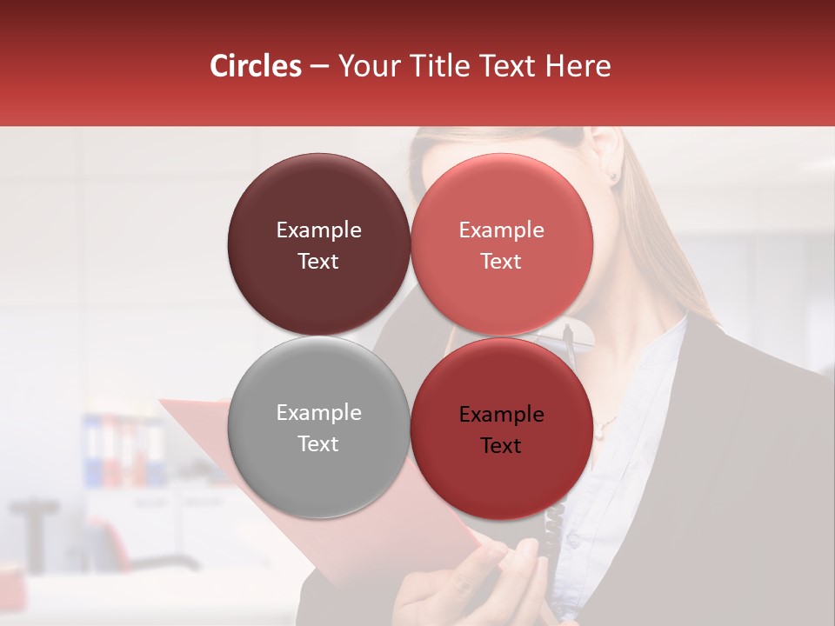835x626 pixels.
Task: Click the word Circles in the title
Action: (255, 66)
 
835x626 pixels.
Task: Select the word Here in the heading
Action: (578, 66)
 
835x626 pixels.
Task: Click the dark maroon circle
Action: (318, 244)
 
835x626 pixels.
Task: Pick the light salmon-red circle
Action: (502, 244)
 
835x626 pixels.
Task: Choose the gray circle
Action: (318, 428)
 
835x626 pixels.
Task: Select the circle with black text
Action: (502, 428)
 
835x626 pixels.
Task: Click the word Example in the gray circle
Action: (318, 413)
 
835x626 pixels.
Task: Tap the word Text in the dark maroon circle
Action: (318, 261)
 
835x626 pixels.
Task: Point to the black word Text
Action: (501, 446)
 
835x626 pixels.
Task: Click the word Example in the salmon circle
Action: (501, 230)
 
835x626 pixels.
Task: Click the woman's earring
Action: (612, 176)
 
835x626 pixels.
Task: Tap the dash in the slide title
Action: (319, 66)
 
